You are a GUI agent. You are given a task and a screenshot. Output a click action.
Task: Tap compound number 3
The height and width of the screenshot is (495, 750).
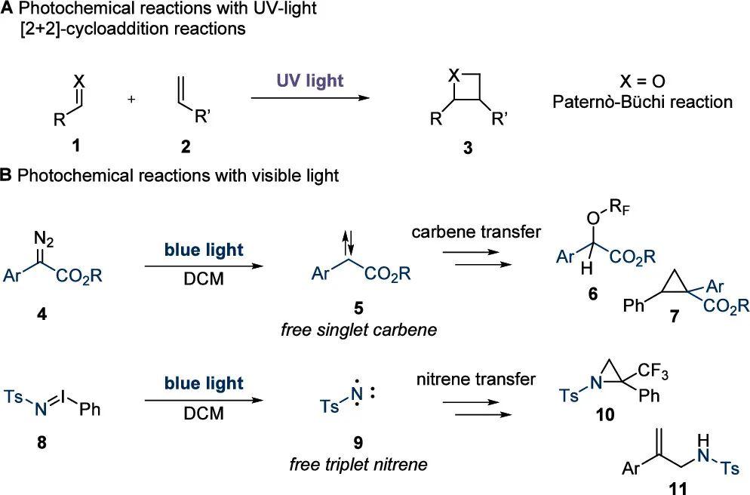[x=467, y=148]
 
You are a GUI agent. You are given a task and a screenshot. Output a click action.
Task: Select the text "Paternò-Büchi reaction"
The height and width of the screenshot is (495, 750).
[x=642, y=102]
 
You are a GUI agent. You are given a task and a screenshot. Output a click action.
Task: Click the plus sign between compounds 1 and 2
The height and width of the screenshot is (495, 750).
[x=131, y=100]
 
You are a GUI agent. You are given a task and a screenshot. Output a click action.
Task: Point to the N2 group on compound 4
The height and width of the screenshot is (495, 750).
[x=44, y=238]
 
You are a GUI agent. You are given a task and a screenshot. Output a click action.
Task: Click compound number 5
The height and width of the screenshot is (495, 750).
[x=358, y=308]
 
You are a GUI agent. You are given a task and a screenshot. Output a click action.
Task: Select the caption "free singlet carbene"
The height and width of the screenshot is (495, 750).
[x=358, y=330]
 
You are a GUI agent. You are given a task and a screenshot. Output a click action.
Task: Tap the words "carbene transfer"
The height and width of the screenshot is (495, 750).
[x=476, y=232]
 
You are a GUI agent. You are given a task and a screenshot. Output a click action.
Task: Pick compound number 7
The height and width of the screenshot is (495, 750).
[x=675, y=316]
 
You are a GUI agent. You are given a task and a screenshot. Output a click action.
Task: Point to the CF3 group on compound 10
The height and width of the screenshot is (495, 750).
[x=653, y=371]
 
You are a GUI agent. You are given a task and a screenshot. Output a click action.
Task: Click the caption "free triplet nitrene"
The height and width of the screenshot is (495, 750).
[x=358, y=464]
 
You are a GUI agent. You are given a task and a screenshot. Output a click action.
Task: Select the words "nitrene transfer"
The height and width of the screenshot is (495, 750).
[x=476, y=380]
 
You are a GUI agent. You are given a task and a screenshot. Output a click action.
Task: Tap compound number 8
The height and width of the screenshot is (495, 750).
[x=41, y=442]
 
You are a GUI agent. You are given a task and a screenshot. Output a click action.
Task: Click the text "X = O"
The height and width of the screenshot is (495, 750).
[x=642, y=81]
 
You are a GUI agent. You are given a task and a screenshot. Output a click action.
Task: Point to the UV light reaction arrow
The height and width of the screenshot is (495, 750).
[x=310, y=97]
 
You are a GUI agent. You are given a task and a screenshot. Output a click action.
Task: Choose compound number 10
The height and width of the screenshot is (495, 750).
[x=606, y=414]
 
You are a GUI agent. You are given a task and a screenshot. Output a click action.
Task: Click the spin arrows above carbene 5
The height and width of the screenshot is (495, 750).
[x=349, y=244]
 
